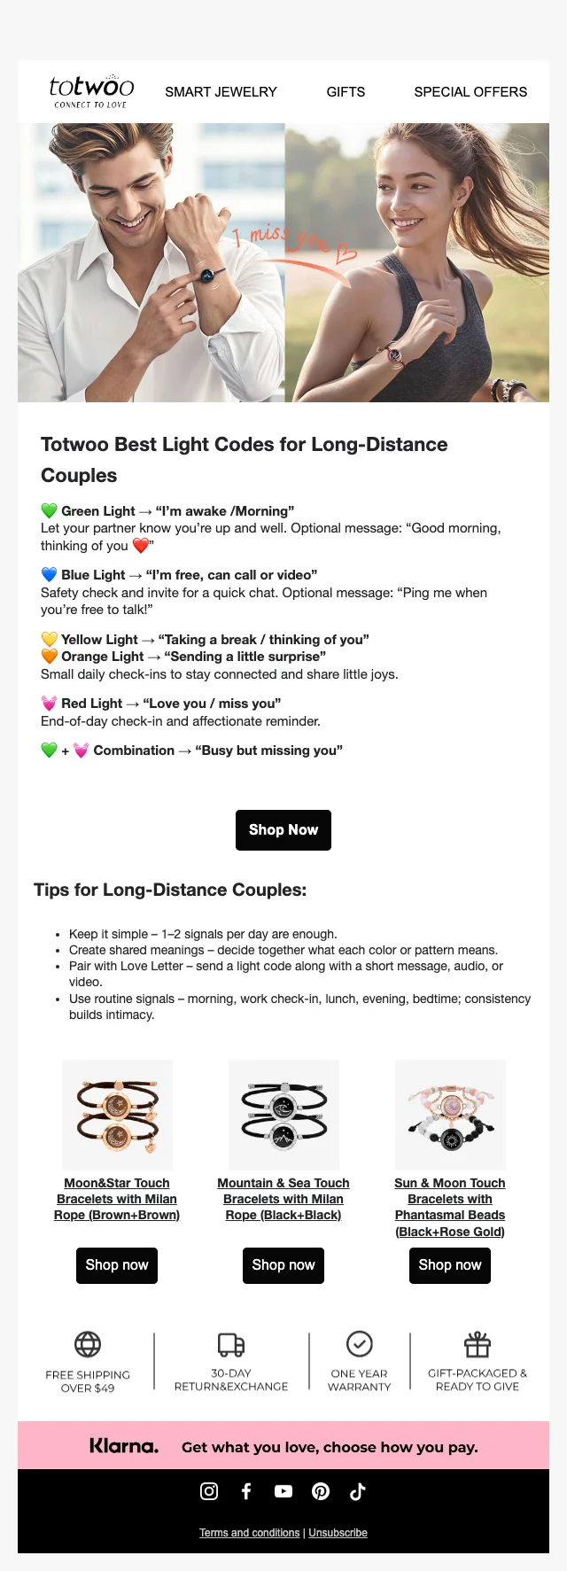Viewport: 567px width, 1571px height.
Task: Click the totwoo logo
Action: pyautogui.click(x=91, y=90)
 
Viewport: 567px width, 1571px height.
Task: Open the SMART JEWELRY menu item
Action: pyautogui.click(x=221, y=92)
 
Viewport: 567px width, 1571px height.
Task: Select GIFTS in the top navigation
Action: pyautogui.click(x=346, y=92)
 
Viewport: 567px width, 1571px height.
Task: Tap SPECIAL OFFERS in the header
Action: pyautogui.click(x=470, y=92)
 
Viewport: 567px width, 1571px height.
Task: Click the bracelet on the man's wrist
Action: pyautogui.click(x=207, y=276)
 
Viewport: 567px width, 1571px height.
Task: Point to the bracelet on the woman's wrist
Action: pyautogui.click(x=394, y=355)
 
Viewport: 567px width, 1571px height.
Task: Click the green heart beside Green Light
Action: pyautogui.click(x=50, y=511)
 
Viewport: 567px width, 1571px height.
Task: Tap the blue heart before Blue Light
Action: pyautogui.click(x=50, y=575)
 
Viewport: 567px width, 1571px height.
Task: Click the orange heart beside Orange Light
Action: pyautogui.click(x=50, y=657)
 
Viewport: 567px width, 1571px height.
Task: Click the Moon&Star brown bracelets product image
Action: pyautogui.click(x=117, y=1115)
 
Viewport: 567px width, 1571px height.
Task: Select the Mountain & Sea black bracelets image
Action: pyautogui.click(x=283, y=1115)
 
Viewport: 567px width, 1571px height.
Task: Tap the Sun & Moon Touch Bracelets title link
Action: pyautogui.click(x=450, y=1207)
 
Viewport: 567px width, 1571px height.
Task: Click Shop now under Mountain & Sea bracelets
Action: pyautogui.click(x=283, y=1265)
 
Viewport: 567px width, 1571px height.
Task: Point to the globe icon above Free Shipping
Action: pyautogui.click(x=88, y=1344)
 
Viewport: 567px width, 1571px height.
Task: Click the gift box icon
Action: pyautogui.click(x=478, y=1344)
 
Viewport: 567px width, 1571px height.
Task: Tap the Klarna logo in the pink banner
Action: pyautogui.click(x=124, y=1446)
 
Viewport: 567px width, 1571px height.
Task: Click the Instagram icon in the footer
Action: pyautogui.click(x=209, y=1491)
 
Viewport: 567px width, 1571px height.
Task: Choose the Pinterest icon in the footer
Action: pyautogui.click(x=321, y=1491)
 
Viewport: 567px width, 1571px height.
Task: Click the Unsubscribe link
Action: pyautogui.click(x=338, y=1533)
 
